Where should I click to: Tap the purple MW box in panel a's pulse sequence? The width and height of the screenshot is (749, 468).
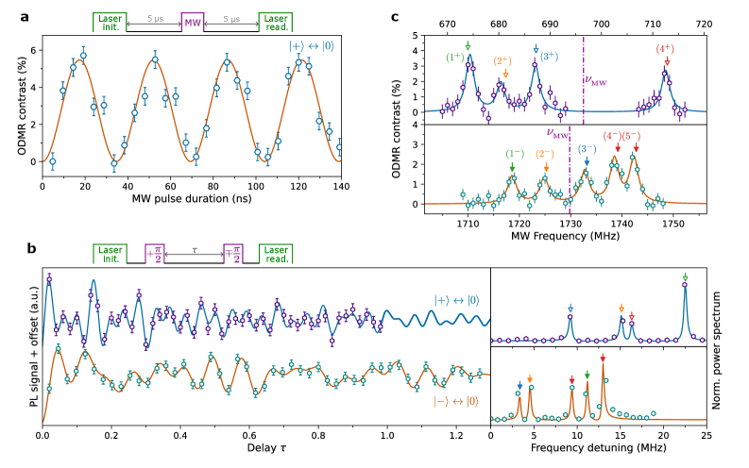[x=192, y=21]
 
